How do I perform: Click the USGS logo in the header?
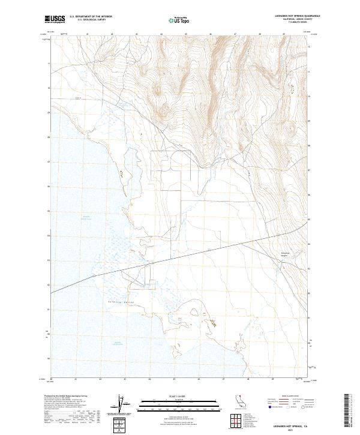[55, 20]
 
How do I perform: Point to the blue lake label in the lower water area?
[118, 343]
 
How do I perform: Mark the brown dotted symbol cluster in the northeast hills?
[293, 89]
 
